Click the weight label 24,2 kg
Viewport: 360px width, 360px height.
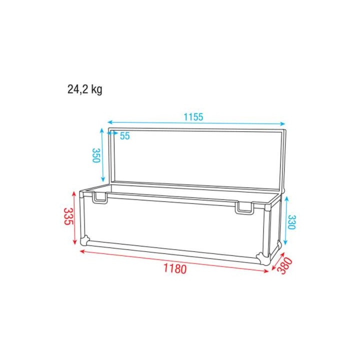85,89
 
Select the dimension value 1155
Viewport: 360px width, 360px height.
193,117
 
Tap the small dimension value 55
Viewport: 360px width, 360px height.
124,136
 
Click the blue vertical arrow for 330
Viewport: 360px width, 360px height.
286,220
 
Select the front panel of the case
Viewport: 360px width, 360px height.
175,225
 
